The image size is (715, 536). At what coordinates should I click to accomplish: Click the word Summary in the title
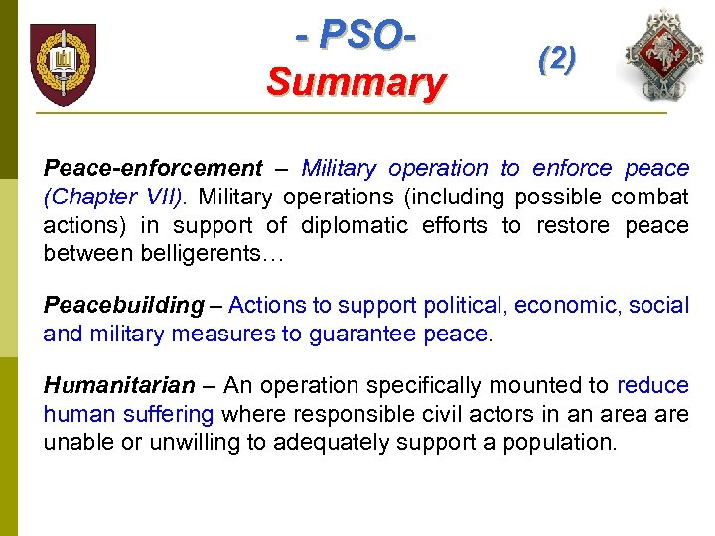(355, 81)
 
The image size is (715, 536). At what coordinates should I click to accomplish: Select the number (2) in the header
(556, 60)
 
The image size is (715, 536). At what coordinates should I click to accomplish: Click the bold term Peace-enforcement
(153, 168)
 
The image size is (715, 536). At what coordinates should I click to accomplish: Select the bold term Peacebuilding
(123, 305)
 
